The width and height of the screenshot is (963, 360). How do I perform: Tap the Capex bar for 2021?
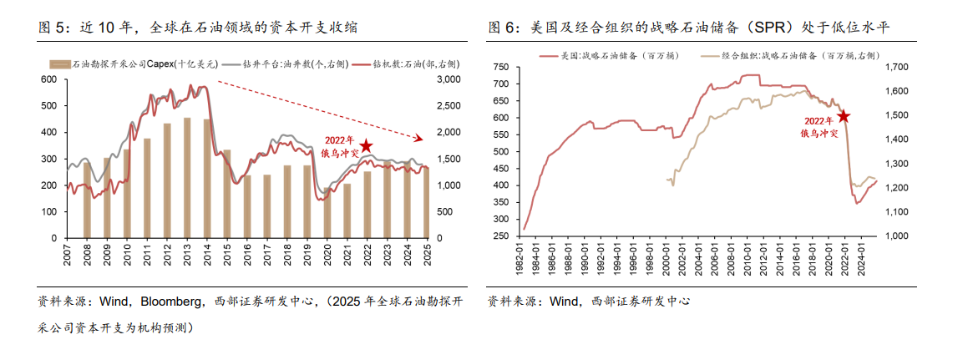(x=347, y=210)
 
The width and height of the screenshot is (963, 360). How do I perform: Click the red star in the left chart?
(x=365, y=146)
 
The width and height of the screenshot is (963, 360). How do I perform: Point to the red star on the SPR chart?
(x=844, y=117)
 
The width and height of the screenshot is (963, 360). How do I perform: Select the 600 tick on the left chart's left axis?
(x=49, y=79)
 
